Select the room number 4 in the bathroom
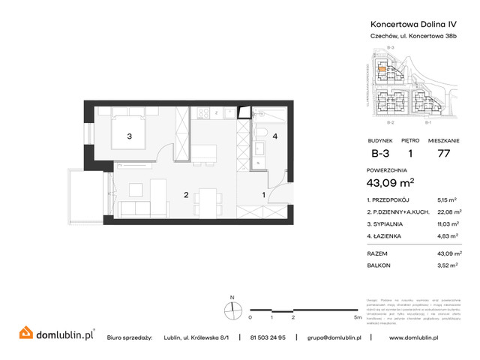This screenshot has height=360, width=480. click(x=274, y=136)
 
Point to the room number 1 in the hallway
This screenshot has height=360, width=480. click(x=262, y=196)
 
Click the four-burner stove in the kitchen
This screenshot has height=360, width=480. click(x=204, y=113)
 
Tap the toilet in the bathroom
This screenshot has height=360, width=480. click(x=259, y=135)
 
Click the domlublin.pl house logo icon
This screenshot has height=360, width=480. click(x=25, y=332)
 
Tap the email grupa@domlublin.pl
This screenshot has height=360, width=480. click(x=334, y=337)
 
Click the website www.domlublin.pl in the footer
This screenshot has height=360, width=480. click(x=425, y=337)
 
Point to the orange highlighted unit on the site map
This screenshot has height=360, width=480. click(x=382, y=70)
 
